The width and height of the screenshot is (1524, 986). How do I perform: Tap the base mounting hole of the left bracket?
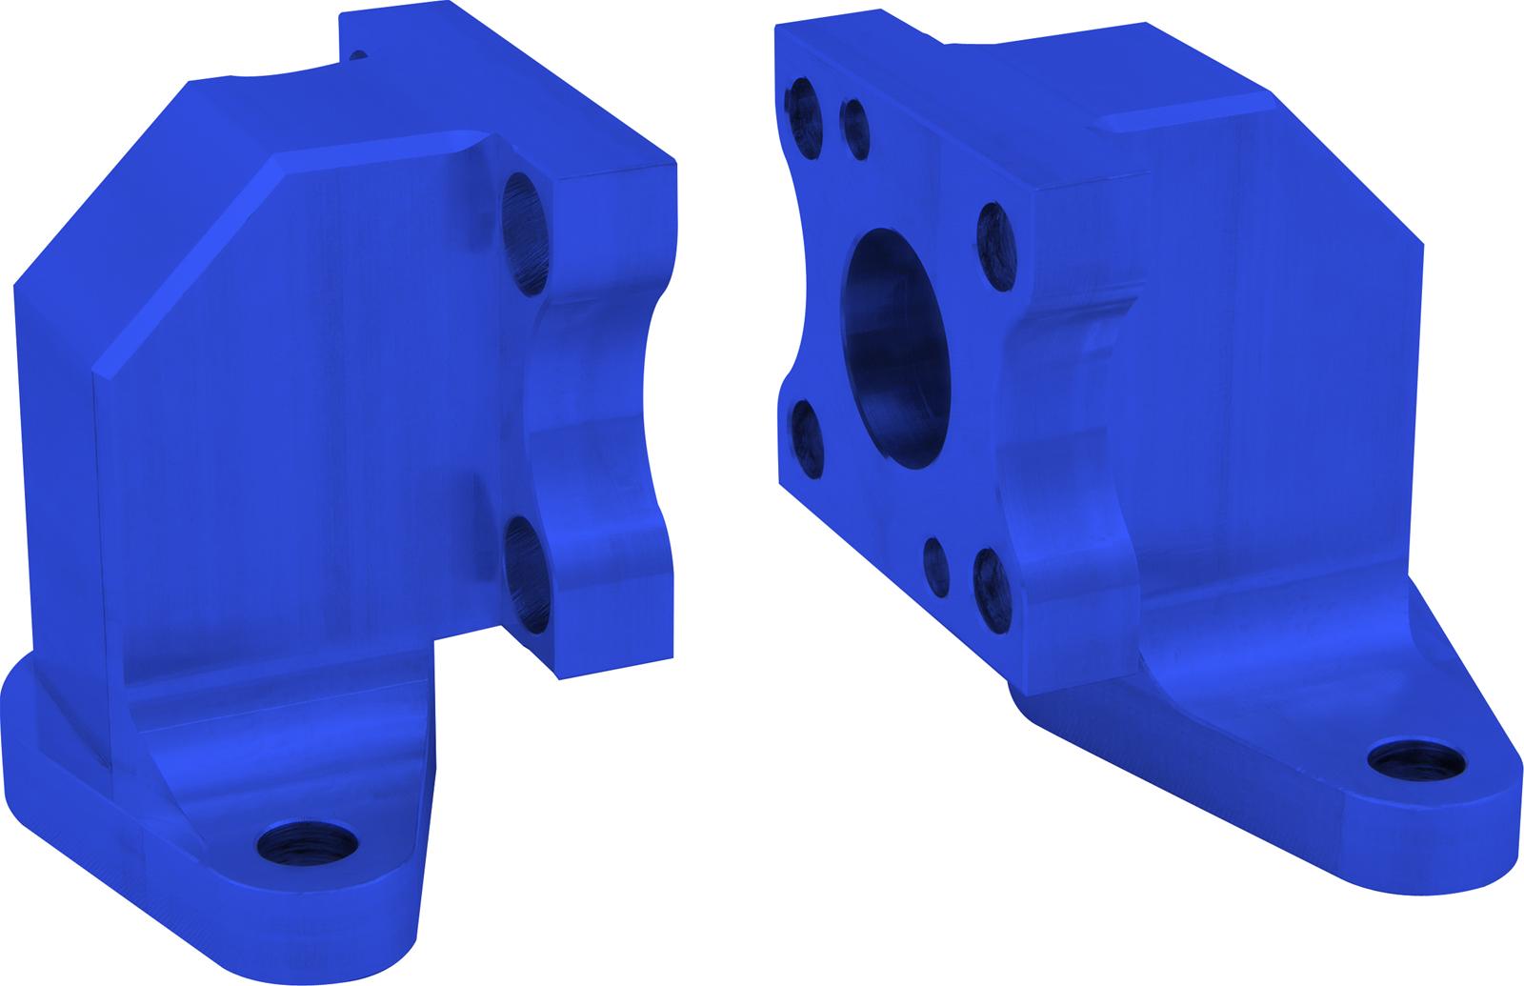click(x=308, y=841)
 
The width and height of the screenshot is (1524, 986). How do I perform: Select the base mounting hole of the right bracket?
click(x=1416, y=761)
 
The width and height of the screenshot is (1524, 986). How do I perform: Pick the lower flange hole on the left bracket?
click(x=527, y=574)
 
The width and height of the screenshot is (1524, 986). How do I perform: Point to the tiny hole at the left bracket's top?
click(x=357, y=54)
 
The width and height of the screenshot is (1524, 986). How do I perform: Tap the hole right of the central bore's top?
click(x=996, y=247)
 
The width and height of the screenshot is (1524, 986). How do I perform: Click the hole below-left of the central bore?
click(x=806, y=438)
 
